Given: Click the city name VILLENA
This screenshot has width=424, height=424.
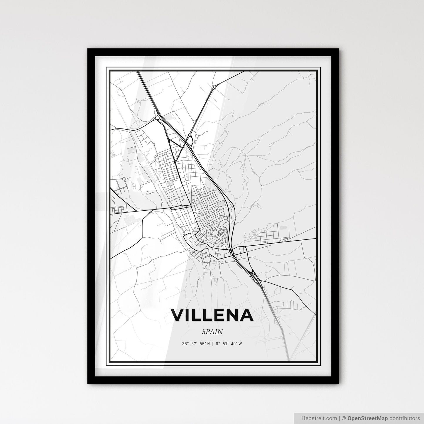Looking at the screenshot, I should [212, 315].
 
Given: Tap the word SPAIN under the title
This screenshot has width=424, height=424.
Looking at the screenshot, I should [212, 332].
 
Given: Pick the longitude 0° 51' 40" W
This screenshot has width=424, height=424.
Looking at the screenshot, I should [229, 344].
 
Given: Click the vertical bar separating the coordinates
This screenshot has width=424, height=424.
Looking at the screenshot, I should [212, 344].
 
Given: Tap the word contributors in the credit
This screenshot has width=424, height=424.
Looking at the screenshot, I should [406, 418].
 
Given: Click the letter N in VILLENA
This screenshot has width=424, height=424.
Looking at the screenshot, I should [232, 315].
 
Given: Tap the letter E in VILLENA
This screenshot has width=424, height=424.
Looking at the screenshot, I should [218, 315].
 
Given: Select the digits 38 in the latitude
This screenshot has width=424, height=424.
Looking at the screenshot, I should [184, 344].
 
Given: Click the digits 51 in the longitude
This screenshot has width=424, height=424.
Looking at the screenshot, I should [225, 344].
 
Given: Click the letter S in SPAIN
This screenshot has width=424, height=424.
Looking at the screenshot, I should [204, 332].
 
